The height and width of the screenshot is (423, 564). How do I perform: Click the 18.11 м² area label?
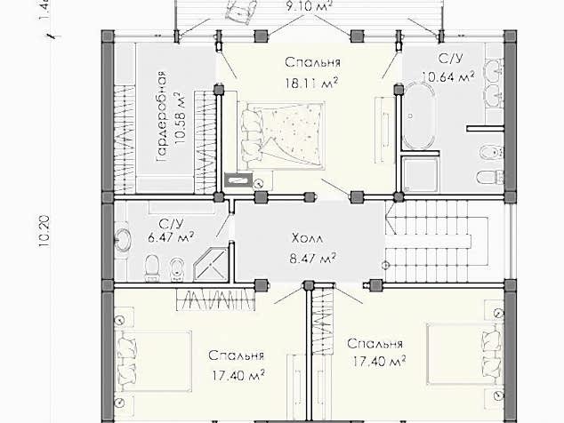[x=312, y=84]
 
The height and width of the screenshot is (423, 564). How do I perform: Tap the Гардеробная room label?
[x=162, y=116]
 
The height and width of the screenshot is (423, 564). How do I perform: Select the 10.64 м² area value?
[x=448, y=77]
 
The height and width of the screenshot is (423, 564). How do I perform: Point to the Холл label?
[x=308, y=238]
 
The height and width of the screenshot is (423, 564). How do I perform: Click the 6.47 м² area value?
[x=171, y=237]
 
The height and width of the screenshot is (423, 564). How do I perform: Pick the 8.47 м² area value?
[x=313, y=258]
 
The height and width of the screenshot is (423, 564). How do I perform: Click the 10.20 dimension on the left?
[x=44, y=231]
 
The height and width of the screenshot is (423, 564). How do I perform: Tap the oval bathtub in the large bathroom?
[x=419, y=116]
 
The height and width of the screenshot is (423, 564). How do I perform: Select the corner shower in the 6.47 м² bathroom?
[x=211, y=263]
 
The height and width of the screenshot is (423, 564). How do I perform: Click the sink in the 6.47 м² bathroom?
[x=123, y=239]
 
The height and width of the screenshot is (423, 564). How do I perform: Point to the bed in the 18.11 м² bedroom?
[x=281, y=134]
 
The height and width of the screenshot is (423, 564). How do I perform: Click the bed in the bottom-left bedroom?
[x=153, y=361]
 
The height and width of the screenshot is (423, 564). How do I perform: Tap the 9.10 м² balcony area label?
[x=309, y=6]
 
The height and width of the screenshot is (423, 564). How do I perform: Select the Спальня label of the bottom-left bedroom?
[x=236, y=355]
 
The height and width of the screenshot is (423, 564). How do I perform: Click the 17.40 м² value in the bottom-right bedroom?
[x=379, y=361]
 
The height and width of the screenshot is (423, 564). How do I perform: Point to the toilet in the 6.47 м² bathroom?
[x=152, y=267]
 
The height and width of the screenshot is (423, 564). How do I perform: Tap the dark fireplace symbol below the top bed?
[x=238, y=180]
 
